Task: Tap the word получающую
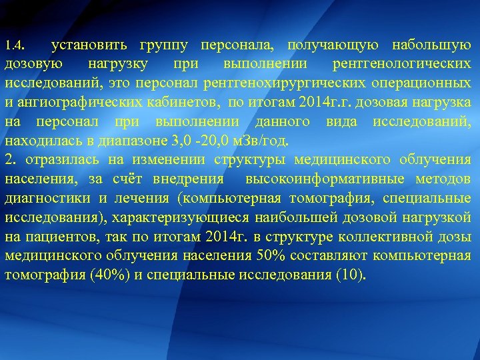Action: tap(334, 45)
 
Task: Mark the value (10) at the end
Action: tap(351, 275)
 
